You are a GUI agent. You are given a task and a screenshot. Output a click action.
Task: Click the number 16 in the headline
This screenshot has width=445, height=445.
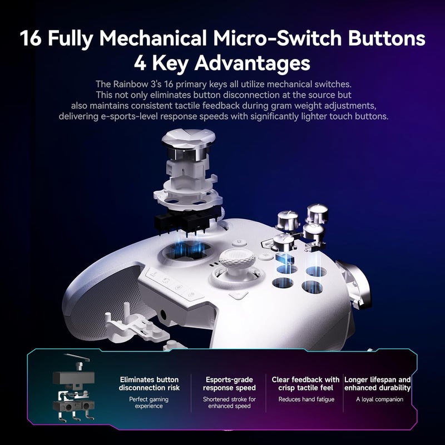point(33,39)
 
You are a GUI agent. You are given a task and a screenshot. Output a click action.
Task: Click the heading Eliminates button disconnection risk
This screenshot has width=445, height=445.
point(149,383)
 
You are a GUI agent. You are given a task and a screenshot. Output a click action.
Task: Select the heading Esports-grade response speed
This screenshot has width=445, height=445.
point(229,383)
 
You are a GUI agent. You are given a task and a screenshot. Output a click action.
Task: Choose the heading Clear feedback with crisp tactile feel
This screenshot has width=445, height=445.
point(305,383)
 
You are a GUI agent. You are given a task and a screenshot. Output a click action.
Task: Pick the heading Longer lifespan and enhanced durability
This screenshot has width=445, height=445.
point(378,383)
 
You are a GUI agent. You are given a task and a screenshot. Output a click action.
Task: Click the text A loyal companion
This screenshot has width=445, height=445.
point(380,399)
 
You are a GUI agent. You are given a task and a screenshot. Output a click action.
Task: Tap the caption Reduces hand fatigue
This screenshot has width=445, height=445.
point(306,399)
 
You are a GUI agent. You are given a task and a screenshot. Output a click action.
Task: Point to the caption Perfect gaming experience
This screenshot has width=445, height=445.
point(149,403)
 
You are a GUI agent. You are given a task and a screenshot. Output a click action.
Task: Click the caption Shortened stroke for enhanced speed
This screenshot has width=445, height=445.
point(229,403)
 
